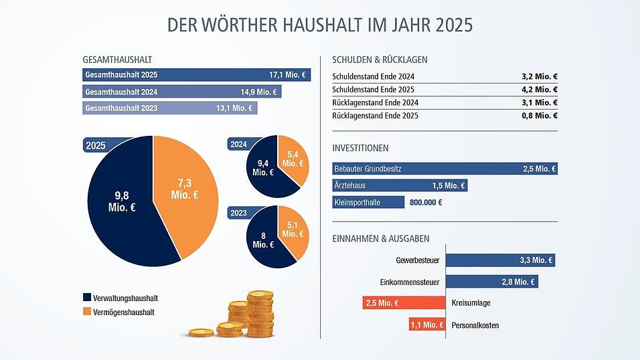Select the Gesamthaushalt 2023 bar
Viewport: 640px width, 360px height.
[x=169, y=108]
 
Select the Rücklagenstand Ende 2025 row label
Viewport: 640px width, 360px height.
[x=375, y=116]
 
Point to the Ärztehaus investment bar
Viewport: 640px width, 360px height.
[x=400, y=185]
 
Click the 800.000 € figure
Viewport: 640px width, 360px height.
[x=425, y=202]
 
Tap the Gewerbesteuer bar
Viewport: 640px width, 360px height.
[x=500, y=260]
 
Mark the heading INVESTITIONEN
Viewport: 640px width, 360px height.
[x=360, y=148]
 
